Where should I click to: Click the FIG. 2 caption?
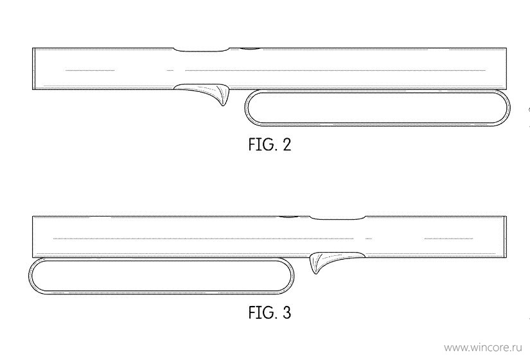[269, 145]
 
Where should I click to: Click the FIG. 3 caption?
[269, 312]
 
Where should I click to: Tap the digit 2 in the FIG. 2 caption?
[286, 145]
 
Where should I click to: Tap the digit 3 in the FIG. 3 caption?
[286, 312]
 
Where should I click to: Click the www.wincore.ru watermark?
[483, 348]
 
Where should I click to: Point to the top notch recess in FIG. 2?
[202, 50]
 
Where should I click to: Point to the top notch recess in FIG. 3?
[337, 218]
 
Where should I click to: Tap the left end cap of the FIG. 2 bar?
[34, 69]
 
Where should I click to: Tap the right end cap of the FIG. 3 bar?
[505, 237]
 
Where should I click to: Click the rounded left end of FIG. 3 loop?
[29, 276]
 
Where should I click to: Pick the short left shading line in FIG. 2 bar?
[89, 70]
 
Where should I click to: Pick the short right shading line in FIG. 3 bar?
[448, 239]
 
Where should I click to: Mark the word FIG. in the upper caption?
[262, 145]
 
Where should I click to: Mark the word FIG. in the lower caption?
[262, 312]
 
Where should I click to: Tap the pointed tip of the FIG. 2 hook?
[224, 105]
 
